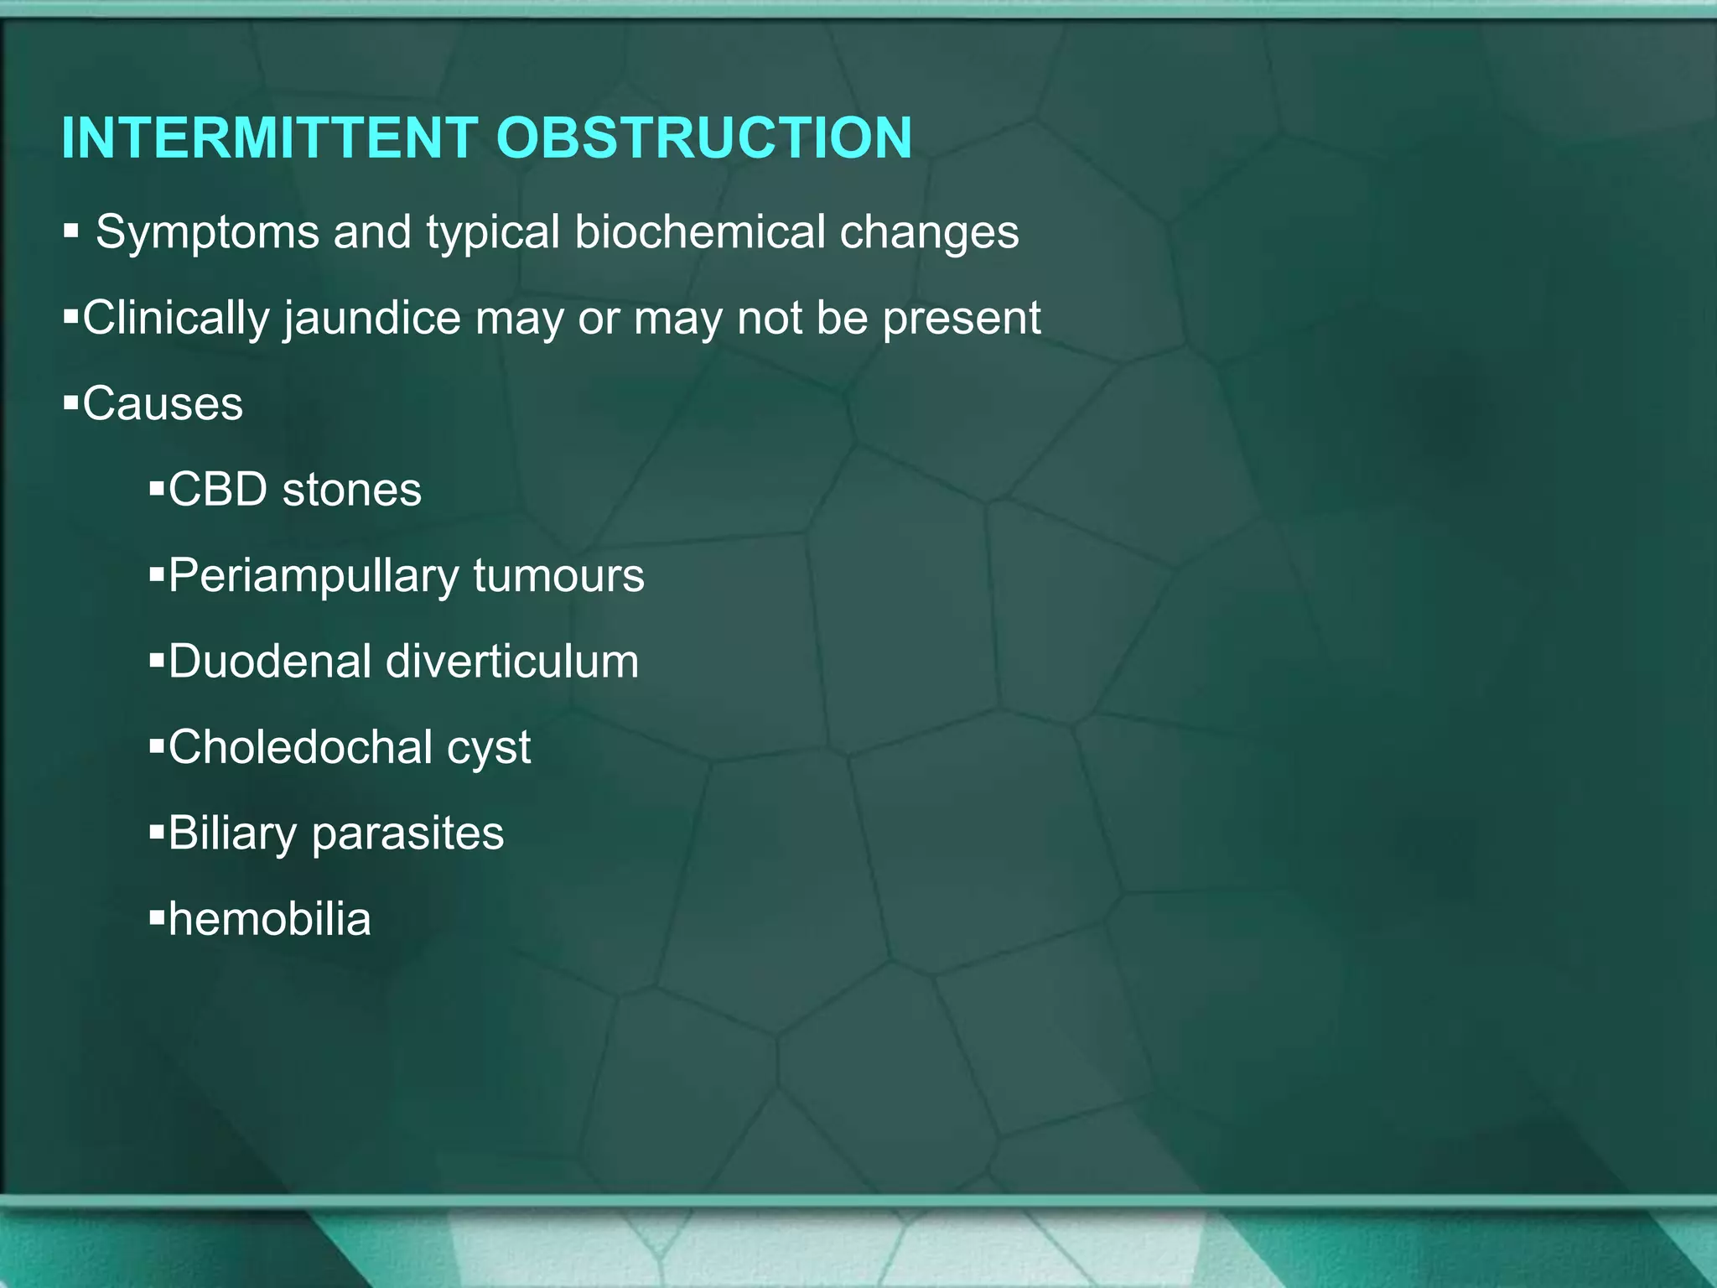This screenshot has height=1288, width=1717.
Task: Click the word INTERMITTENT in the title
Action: [x=269, y=138]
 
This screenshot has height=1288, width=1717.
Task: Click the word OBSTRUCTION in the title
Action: [x=703, y=138]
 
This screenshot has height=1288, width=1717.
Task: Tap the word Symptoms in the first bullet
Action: [x=207, y=232]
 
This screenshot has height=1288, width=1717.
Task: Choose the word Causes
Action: [x=163, y=404]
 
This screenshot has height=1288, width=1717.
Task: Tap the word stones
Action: [x=352, y=490]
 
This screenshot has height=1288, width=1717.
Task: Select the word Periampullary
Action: [x=314, y=577]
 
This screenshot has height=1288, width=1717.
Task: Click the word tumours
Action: [x=558, y=577]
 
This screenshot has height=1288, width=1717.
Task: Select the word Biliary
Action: [x=233, y=834]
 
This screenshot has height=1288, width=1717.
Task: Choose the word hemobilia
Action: [x=269, y=919]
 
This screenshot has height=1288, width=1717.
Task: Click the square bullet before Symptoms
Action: [x=70, y=231]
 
